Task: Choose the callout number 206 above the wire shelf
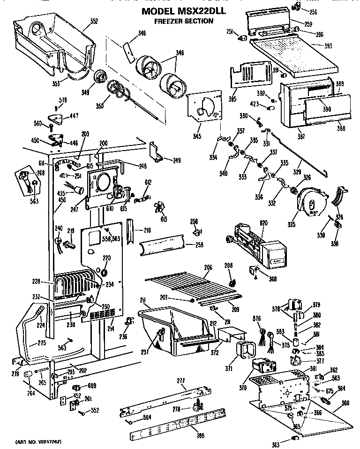(208, 267)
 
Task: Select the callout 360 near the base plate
(345, 403)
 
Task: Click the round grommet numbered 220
(104, 273)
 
